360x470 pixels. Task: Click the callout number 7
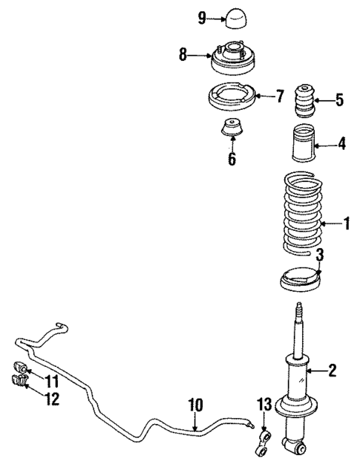[x=280, y=96]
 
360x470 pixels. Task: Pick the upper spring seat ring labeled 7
[x=231, y=98]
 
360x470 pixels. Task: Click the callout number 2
[x=333, y=370]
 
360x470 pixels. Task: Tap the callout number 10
[x=195, y=405]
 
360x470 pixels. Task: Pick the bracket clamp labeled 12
[x=19, y=382]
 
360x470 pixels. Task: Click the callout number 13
[x=264, y=404]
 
